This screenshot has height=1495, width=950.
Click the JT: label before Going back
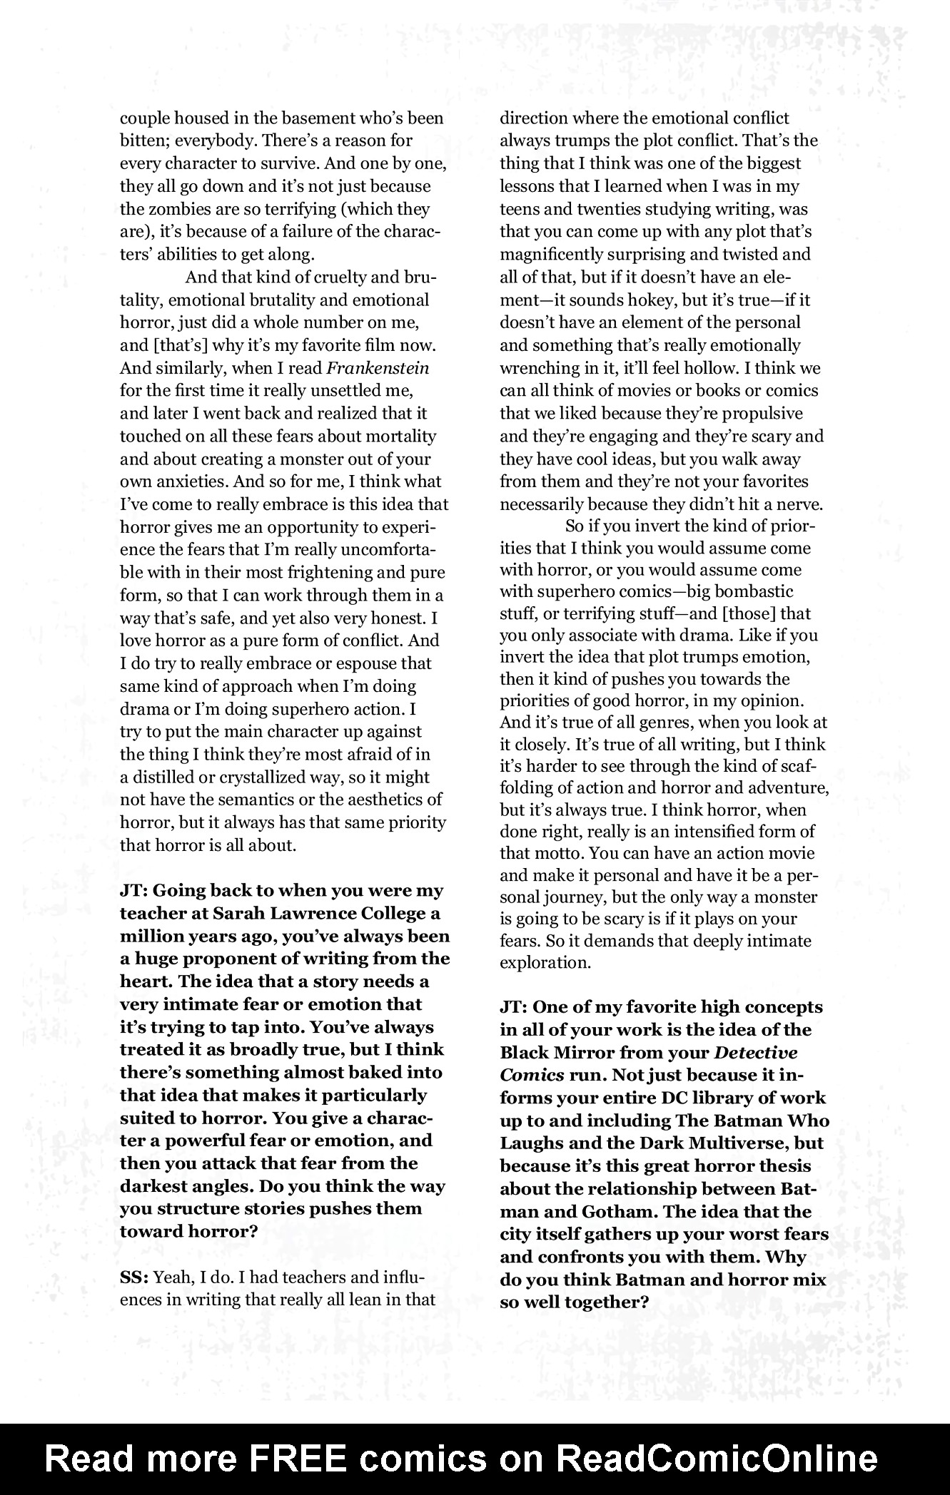pos(133,890)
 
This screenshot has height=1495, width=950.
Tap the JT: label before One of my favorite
pos(514,1007)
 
